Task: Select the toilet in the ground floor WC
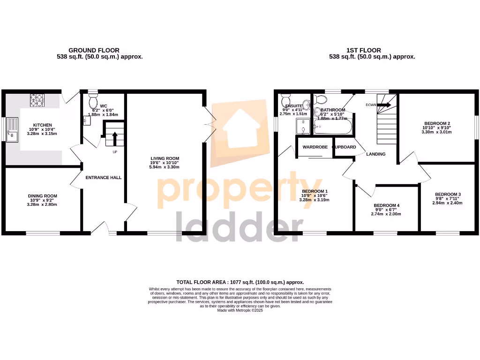pos(92,101)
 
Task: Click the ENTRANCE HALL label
pos(103,178)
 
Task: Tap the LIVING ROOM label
pos(165,158)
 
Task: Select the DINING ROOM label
pos(42,196)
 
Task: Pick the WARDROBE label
pos(315,147)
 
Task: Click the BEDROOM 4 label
pos(386,206)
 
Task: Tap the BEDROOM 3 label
pos(448,195)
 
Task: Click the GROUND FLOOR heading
pos(94,50)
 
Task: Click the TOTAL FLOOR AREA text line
pos(240,282)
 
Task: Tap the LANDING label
pos(376,154)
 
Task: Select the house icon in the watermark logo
pos(240,124)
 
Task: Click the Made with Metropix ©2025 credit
pos(240,310)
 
